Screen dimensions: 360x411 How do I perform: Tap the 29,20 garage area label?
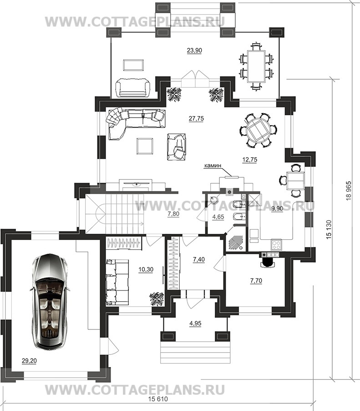click(29, 361)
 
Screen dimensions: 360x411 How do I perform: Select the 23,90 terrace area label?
click(194, 50)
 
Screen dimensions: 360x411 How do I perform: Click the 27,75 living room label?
click(196, 118)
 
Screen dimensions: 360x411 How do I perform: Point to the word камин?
click(213, 165)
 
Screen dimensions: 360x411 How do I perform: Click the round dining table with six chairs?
click(258, 130)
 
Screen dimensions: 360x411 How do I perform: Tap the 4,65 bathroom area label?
click(218, 217)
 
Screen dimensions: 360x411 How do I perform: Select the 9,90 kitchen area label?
click(277, 209)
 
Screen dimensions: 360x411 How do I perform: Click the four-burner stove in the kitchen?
click(276, 245)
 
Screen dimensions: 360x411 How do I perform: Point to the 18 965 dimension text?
click(348, 191)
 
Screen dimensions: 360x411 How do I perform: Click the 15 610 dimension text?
click(158, 406)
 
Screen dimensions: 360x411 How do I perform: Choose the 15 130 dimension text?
click(329, 229)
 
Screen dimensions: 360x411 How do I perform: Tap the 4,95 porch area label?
click(195, 324)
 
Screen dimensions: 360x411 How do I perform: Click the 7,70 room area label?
click(256, 281)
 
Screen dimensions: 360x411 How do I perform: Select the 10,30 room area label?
click(146, 269)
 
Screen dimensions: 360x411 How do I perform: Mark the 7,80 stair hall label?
click(173, 214)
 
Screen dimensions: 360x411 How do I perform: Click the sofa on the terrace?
click(133, 87)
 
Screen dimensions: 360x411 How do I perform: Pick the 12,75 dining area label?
click(249, 159)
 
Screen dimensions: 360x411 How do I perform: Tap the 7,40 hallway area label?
click(199, 260)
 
